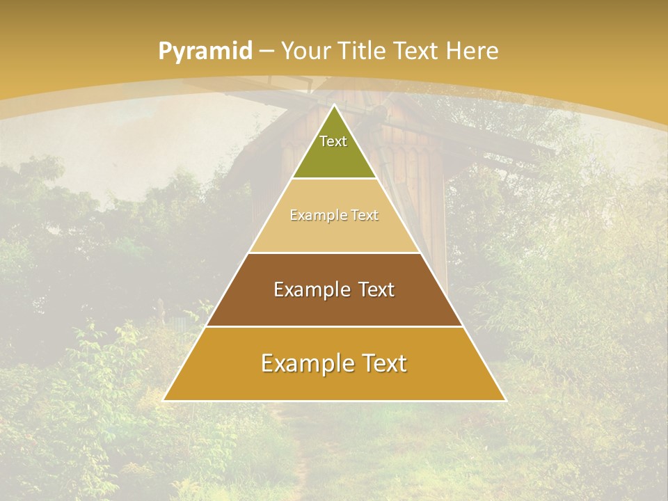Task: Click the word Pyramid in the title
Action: [x=205, y=51]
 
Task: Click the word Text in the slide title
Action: [x=416, y=51]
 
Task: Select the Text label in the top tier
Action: [x=333, y=141]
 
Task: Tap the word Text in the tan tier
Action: [x=365, y=216]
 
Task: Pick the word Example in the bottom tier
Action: [x=305, y=363]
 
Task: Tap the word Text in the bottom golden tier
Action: [x=381, y=363]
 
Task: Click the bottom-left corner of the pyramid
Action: [x=164, y=400]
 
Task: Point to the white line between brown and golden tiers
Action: [x=334, y=326]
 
